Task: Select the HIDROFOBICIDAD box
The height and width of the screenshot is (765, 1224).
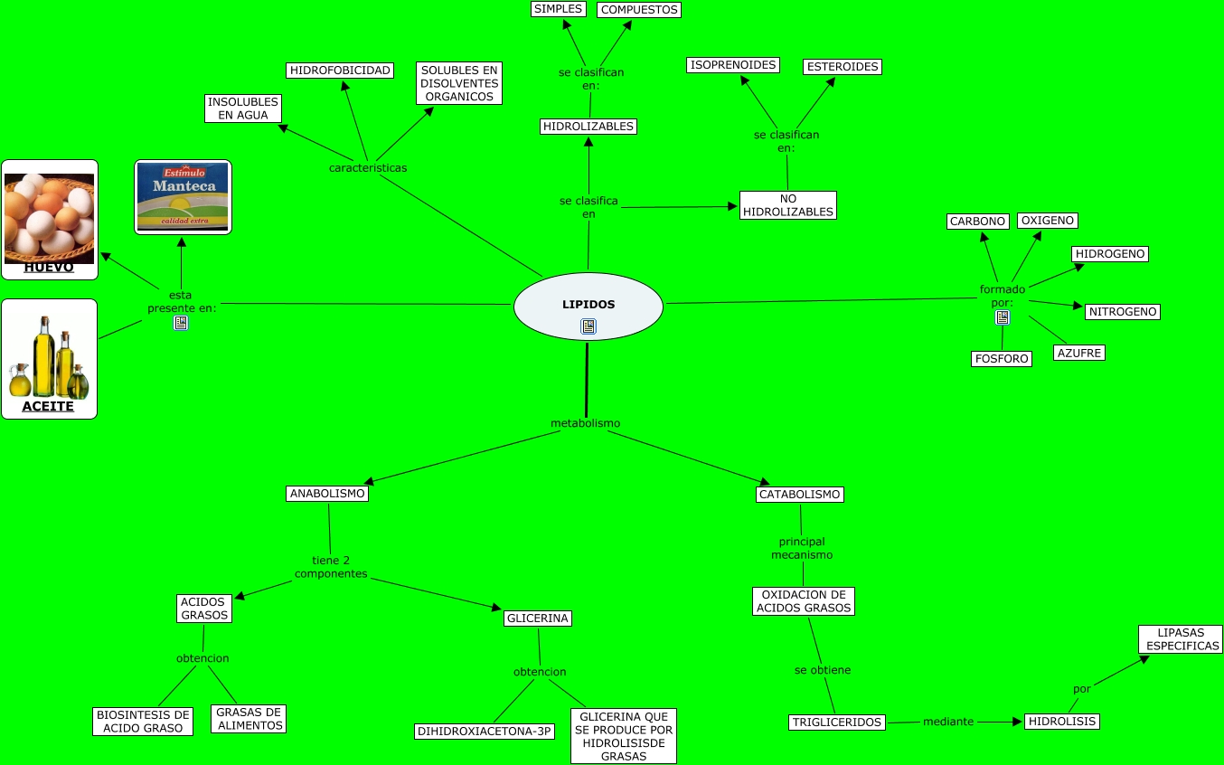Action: [x=340, y=71]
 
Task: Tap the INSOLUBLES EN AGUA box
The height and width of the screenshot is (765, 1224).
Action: [x=243, y=109]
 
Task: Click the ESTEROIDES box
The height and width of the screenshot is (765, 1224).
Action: [x=843, y=67]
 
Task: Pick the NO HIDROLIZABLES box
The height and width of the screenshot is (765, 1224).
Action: [x=787, y=205]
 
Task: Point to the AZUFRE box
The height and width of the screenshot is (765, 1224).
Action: [x=1079, y=353]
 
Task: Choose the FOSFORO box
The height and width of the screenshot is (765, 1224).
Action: [x=1002, y=359]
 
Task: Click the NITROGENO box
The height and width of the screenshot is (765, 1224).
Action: [x=1122, y=312]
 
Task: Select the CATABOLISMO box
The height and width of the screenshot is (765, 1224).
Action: [x=800, y=495]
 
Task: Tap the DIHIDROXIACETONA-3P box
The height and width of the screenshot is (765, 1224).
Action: [x=485, y=732]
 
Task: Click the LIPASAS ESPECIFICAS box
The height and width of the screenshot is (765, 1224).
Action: [x=1181, y=639]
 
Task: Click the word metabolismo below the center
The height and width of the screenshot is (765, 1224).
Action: [x=586, y=423]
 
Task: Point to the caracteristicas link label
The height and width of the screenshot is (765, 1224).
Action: [x=367, y=168]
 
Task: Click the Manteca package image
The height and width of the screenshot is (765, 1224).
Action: [x=184, y=196]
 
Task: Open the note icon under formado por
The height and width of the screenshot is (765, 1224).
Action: [x=1003, y=317]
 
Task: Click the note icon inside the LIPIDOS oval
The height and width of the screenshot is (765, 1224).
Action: [x=588, y=326]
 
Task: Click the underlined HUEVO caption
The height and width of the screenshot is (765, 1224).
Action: [x=49, y=268]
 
